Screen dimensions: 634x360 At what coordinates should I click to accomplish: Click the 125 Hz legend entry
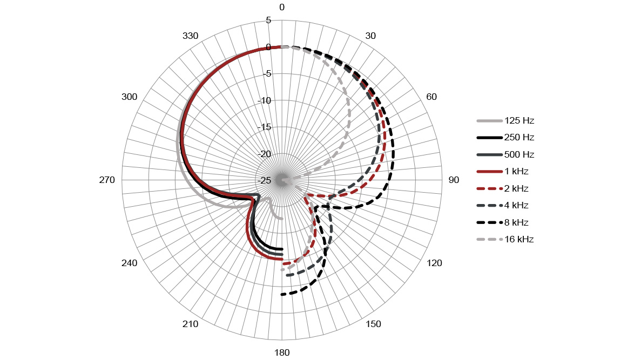(x=506, y=120)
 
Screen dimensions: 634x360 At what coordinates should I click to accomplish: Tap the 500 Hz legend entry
(x=506, y=154)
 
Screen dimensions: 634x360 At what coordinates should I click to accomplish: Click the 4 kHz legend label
(x=516, y=205)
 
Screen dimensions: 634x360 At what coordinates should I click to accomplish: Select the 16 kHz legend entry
(x=505, y=239)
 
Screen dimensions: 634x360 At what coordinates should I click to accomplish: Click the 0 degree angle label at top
(x=282, y=7)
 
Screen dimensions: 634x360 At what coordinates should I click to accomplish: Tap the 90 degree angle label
(x=454, y=180)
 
